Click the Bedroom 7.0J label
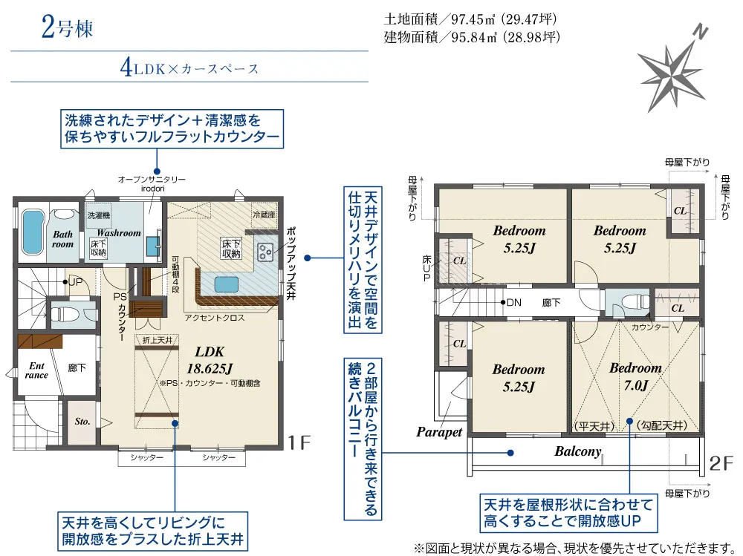tap(635, 376)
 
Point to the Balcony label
tap(577, 451)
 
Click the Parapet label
tap(439, 431)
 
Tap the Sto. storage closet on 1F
tap(82, 422)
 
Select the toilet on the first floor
tap(62, 313)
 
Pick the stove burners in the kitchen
tap(265, 252)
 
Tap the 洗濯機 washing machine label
tap(98, 215)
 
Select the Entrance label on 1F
tap(36, 370)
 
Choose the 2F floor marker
tap(721, 464)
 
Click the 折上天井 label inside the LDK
tap(157, 339)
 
